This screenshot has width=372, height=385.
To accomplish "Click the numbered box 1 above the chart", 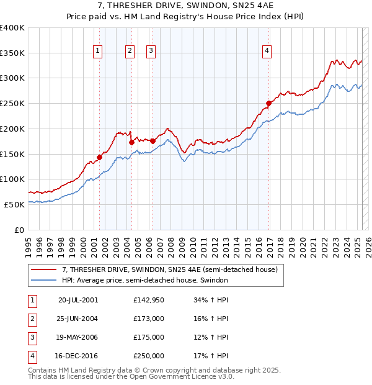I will tap(99, 52).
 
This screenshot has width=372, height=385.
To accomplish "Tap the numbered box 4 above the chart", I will tap(267, 52).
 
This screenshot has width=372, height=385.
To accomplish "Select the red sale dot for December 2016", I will tap(269, 103).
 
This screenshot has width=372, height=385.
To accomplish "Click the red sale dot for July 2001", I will tap(99, 157).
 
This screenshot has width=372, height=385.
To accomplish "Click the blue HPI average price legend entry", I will tap(145, 280).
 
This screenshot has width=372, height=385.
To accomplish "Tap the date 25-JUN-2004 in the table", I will tap(78, 318).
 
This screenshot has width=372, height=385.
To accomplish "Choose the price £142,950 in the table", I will tap(149, 299).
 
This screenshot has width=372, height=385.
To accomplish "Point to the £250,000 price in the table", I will tap(149, 356).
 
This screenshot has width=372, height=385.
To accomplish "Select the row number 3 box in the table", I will tap(31, 337).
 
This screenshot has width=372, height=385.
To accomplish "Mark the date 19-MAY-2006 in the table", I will tap(78, 337).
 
